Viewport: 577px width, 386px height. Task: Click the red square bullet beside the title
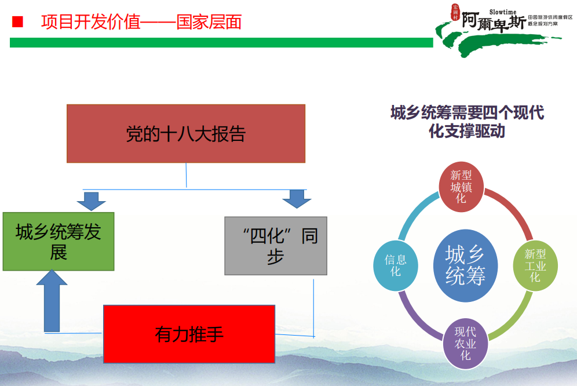(17, 22)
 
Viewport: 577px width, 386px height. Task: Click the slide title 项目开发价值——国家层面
(141, 22)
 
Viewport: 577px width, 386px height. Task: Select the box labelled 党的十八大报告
(186, 133)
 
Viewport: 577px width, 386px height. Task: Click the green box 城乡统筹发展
(59, 241)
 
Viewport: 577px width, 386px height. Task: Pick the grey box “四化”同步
(276, 246)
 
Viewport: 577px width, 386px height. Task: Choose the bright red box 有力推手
(189, 334)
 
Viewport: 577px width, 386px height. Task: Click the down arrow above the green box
(91, 201)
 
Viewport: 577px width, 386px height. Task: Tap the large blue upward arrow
(52, 301)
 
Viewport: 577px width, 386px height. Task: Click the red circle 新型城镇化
(461, 187)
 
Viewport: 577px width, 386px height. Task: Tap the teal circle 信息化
(396, 265)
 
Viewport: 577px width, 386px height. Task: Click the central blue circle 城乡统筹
(465, 265)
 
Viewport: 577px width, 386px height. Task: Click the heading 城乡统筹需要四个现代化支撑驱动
(467, 121)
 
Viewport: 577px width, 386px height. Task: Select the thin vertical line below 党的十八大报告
(186, 175)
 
